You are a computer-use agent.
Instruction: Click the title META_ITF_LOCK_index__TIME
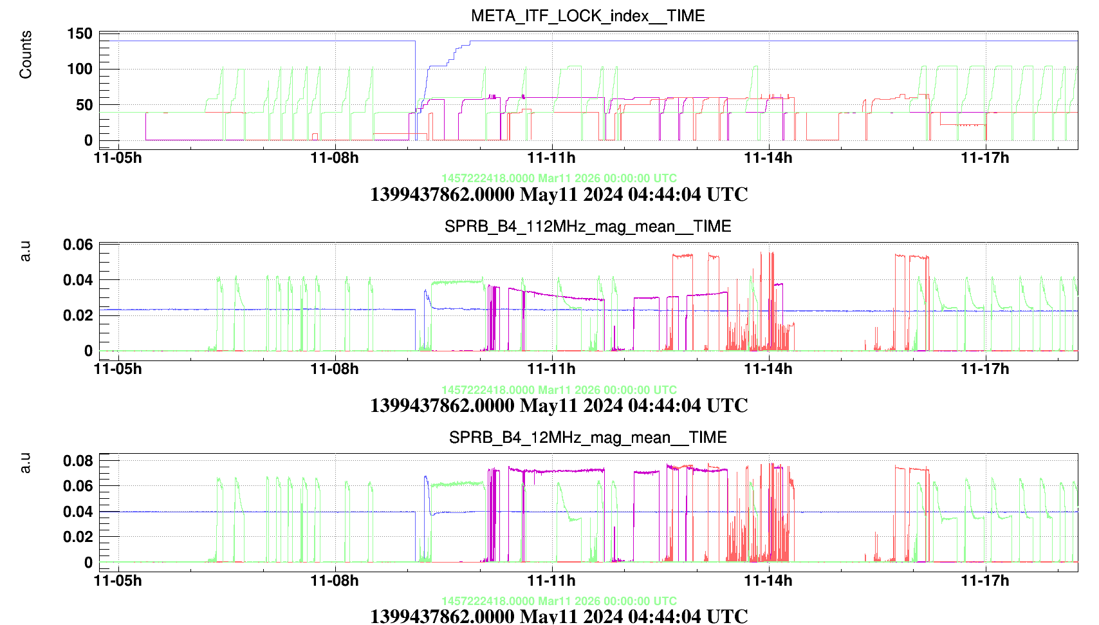click(x=587, y=15)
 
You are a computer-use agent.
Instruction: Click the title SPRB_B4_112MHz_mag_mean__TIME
click(x=587, y=227)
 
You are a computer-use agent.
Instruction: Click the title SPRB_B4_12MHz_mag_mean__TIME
click(x=587, y=438)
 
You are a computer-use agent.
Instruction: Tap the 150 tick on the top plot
click(x=80, y=33)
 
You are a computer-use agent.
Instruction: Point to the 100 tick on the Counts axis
click(x=80, y=69)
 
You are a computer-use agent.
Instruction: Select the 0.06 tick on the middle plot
click(x=78, y=245)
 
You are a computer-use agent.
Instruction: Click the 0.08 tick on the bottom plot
click(x=78, y=460)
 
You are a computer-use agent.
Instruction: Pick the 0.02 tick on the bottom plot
click(x=78, y=537)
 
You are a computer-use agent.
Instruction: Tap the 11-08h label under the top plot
click(x=335, y=158)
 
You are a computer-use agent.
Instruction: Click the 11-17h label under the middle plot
click(x=985, y=369)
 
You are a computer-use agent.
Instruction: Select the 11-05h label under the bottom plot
click(x=118, y=581)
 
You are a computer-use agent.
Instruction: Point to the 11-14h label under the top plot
click(x=768, y=158)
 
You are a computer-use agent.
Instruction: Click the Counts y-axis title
click(x=26, y=55)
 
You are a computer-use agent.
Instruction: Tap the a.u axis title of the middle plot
click(x=26, y=252)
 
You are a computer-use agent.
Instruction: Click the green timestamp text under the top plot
click(x=559, y=178)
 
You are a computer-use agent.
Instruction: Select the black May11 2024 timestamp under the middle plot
click(x=559, y=406)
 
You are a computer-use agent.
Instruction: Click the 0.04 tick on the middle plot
click(x=78, y=280)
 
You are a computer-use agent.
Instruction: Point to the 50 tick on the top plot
click(x=84, y=104)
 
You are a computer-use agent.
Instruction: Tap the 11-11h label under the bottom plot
click(x=551, y=581)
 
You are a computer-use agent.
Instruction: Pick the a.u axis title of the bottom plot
click(x=26, y=463)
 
